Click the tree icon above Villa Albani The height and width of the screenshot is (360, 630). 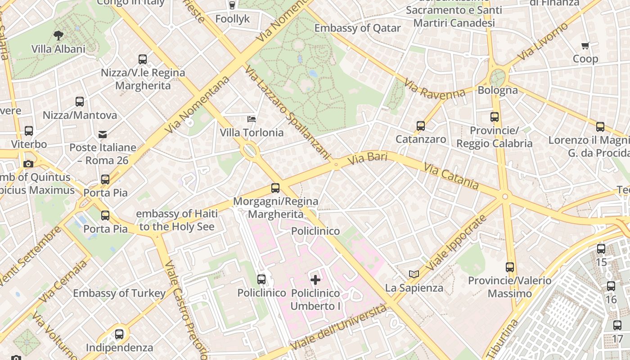point(58,35)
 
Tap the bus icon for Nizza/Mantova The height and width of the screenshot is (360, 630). point(80,102)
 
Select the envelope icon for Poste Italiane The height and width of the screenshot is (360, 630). point(103,134)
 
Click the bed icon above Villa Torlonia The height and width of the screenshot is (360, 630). point(252,119)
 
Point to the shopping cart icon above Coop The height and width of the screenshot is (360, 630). point(585,45)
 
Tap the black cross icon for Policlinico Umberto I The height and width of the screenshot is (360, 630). point(315,280)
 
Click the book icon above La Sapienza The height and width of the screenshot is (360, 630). point(414,274)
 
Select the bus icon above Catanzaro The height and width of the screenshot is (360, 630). point(421,126)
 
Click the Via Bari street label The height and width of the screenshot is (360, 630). point(367,159)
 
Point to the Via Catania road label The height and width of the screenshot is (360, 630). point(451,176)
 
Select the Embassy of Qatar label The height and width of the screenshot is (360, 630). point(357,28)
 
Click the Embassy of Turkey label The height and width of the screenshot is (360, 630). point(119,293)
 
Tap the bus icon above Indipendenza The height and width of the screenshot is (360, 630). point(119,334)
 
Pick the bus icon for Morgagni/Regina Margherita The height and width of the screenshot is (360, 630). point(275,188)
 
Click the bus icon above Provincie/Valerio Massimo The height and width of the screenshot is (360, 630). point(510,267)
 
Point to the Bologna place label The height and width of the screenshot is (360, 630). point(498,90)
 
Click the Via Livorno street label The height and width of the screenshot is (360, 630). point(543,42)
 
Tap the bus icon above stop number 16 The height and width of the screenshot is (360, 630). point(611,286)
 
